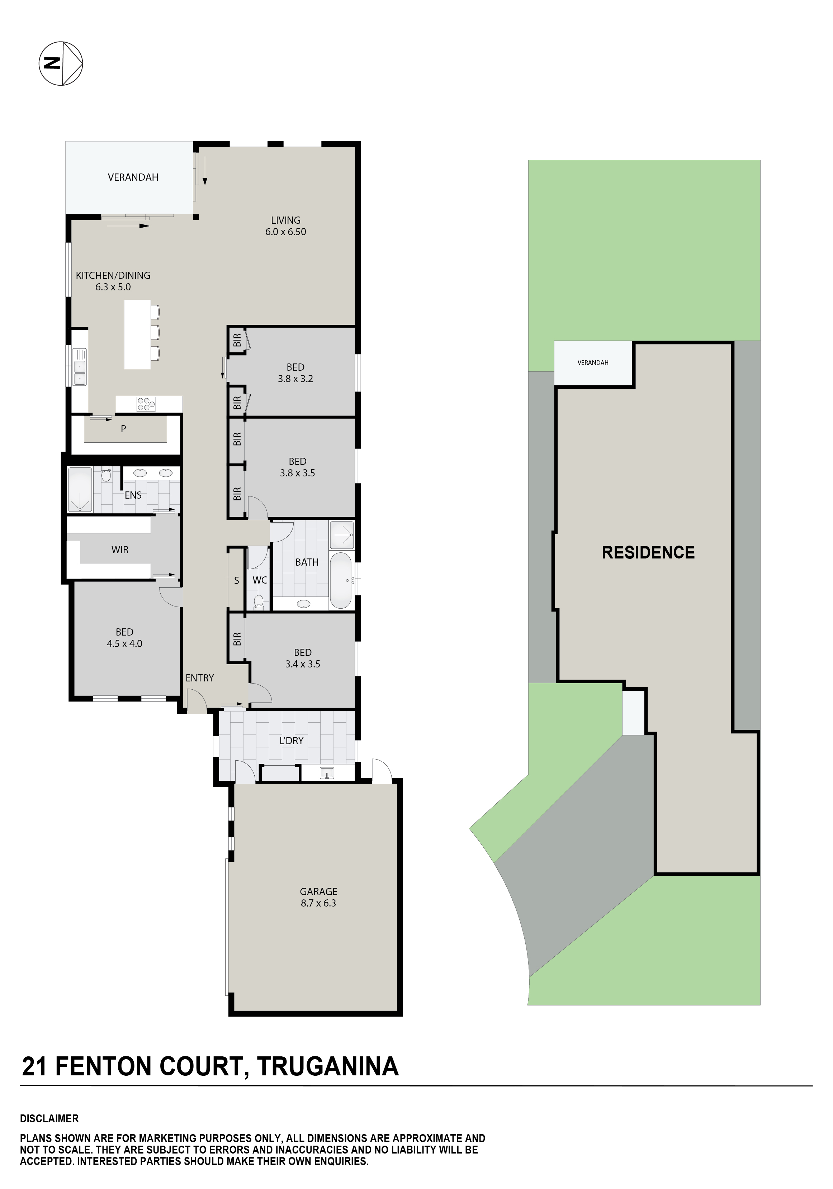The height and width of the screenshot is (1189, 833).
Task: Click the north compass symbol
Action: [x=61, y=63]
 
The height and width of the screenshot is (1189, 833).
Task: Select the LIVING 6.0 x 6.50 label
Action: [x=285, y=226]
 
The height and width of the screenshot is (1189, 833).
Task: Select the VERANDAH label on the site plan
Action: [x=593, y=362]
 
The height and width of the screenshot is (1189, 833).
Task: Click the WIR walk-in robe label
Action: [x=120, y=550]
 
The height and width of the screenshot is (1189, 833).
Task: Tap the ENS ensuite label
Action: [x=133, y=495]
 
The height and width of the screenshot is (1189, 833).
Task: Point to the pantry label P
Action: [x=123, y=429]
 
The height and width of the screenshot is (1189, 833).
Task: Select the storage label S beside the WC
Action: [x=237, y=580]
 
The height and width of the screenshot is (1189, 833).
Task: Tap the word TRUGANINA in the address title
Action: [x=327, y=1066]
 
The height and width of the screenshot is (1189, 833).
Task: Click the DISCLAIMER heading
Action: [x=49, y=1119]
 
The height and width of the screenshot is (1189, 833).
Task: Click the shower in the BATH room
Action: [x=342, y=534]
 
